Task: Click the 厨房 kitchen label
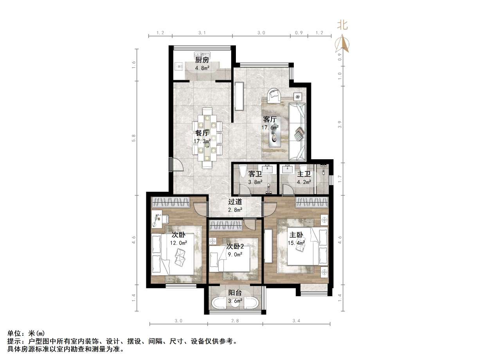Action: [x=202, y=60]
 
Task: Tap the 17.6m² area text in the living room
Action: [x=270, y=127]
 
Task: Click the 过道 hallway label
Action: [x=235, y=202]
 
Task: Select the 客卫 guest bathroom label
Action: [x=255, y=174]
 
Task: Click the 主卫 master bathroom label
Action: [x=304, y=174]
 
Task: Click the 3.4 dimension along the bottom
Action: [x=296, y=321]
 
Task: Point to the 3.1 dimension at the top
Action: [x=202, y=33]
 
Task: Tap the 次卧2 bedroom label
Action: [x=235, y=247]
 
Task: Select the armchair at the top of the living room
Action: [x=275, y=95]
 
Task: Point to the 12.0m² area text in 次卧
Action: [x=178, y=243]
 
